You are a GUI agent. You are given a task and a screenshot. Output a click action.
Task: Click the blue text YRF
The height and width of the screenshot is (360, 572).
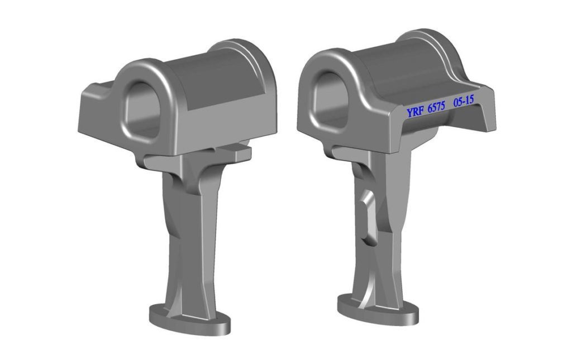pos(415,111)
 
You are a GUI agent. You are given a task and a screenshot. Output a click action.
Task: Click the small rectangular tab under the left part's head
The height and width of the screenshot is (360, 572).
pos(236,151)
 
